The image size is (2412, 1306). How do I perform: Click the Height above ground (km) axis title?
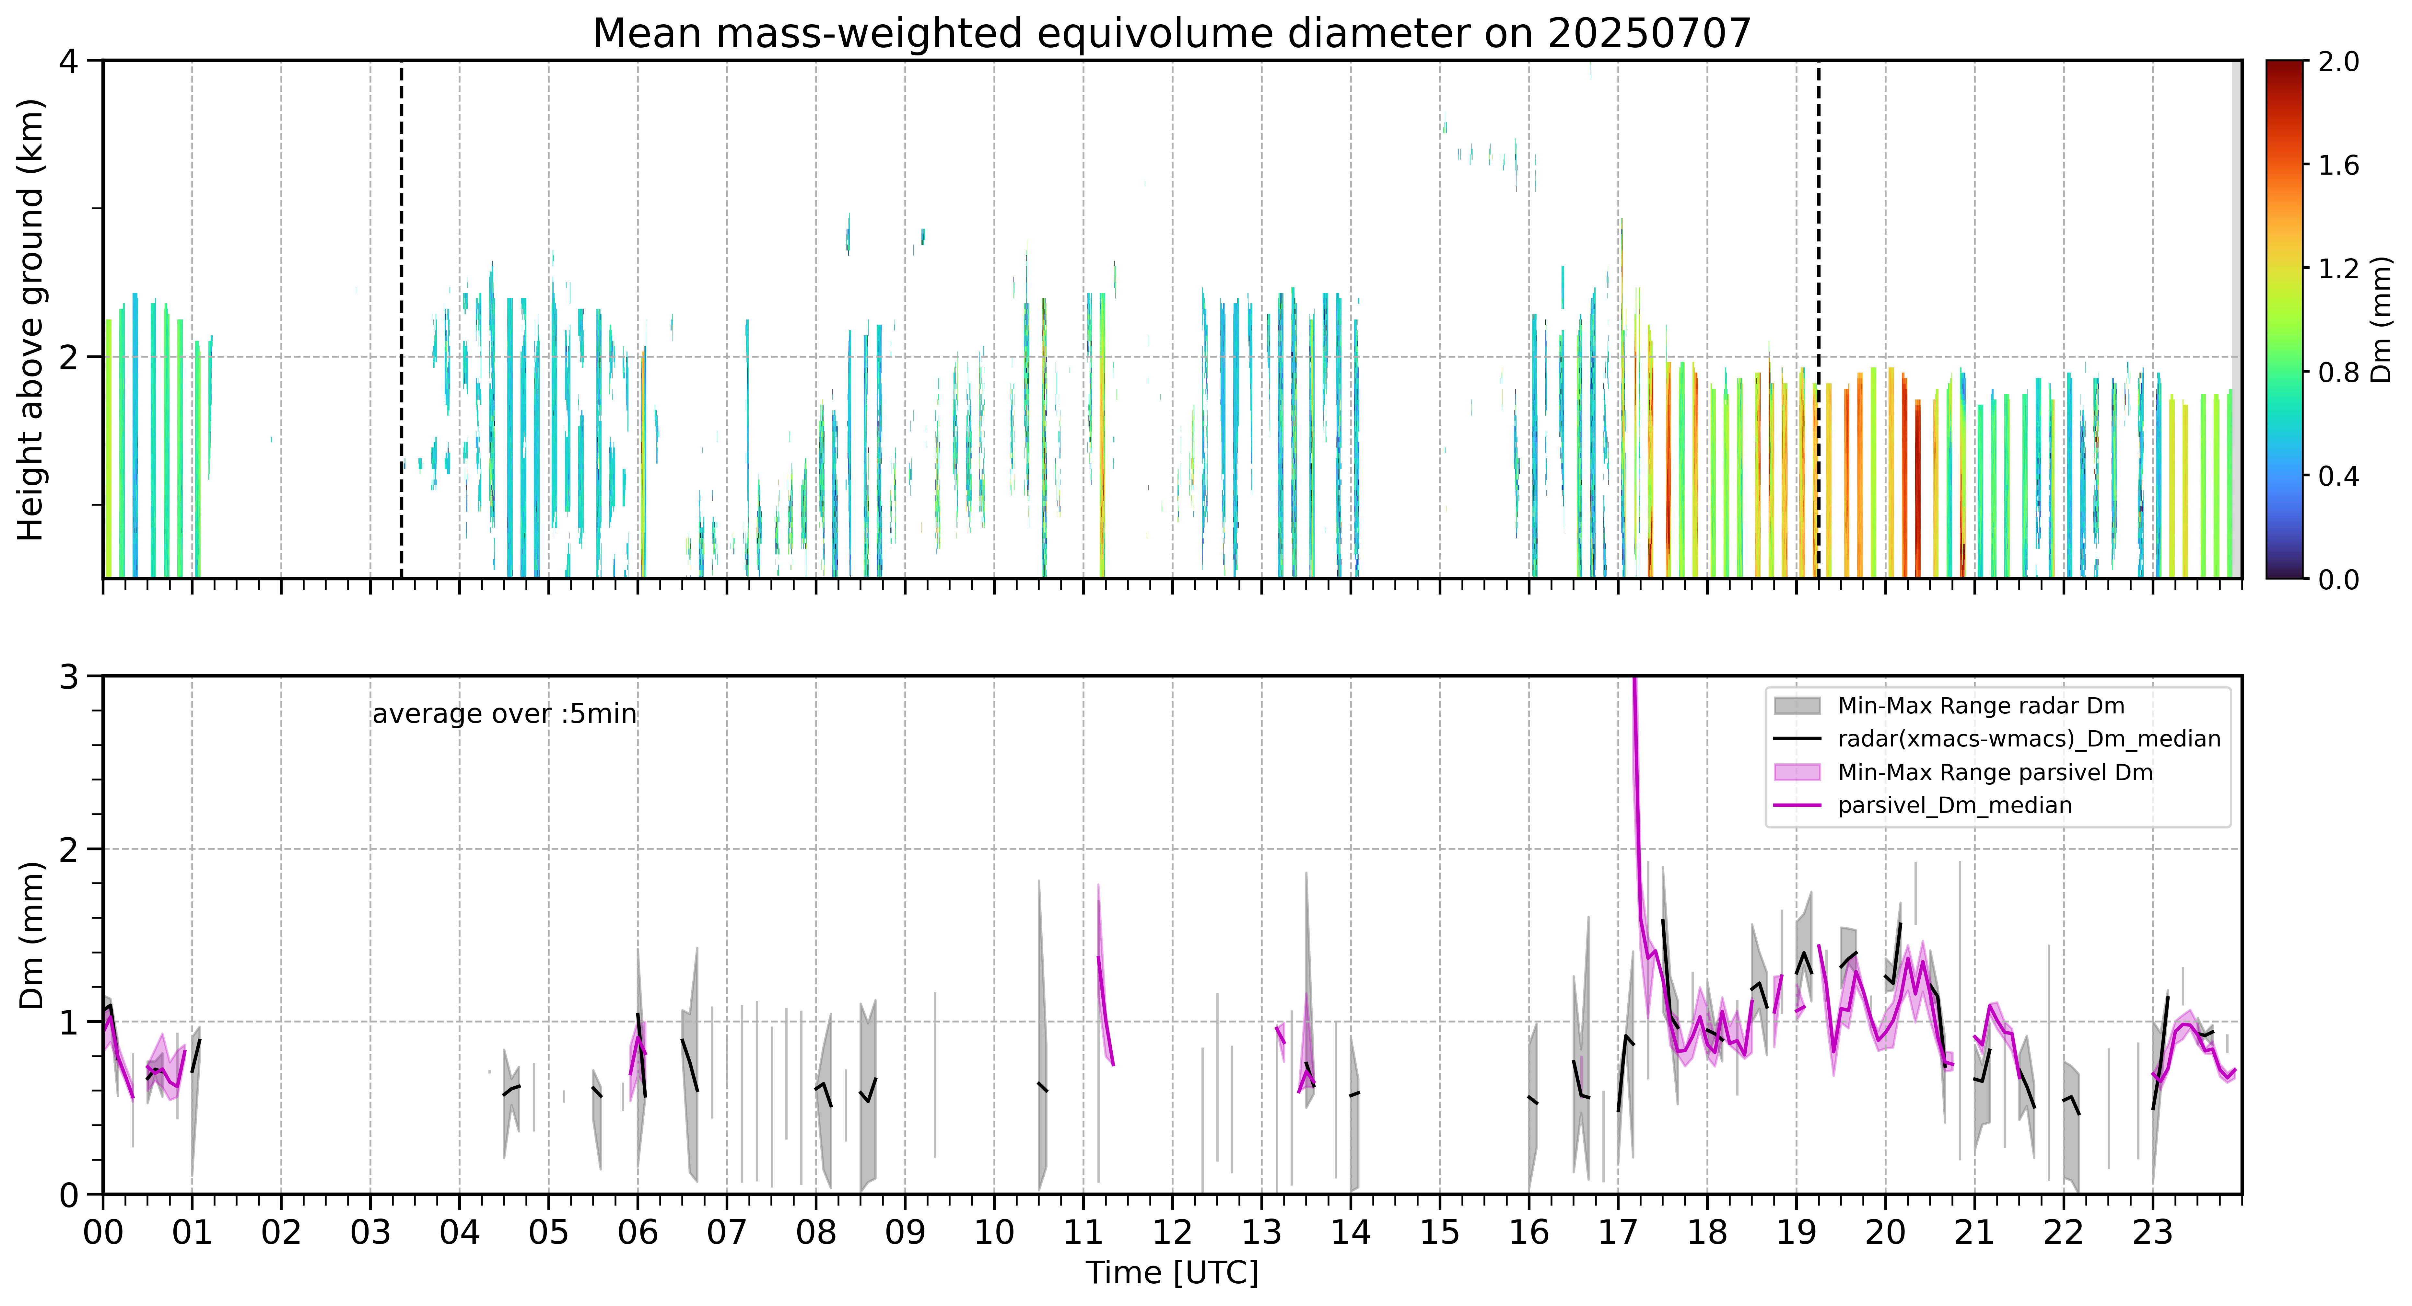pos(31,319)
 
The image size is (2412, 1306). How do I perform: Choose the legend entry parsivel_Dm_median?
pos(1955,805)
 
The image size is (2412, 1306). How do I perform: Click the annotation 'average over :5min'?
pos(504,714)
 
